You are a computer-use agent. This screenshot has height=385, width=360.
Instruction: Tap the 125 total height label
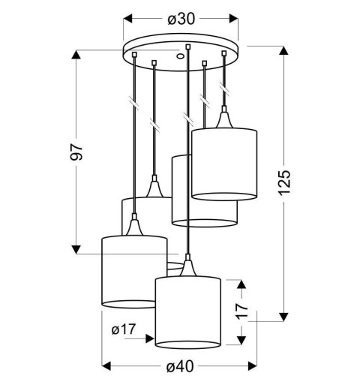click(x=283, y=182)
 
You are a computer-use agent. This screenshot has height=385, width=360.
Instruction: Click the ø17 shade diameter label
click(x=123, y=329)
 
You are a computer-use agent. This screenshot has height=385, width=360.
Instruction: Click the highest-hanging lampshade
click(x=224, y=164)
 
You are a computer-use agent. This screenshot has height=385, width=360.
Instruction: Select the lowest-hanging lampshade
click(x=187, y=311)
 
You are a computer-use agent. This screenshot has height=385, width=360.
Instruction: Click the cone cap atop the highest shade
click(x=223, y=120)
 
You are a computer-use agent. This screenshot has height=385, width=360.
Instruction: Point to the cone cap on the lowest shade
click(x=187, y=266)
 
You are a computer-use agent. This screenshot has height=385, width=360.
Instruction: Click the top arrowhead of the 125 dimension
click(x=283, y=50)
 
